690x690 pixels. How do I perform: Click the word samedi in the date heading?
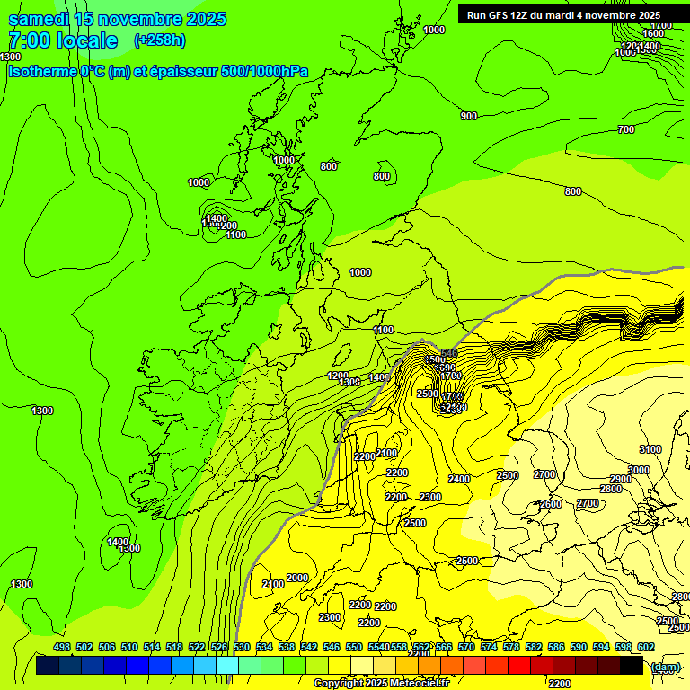click(x=38, y=19)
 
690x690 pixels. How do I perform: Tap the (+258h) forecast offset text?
click(x=160, y=40)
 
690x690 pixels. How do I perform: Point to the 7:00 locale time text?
click(x=63, y=40)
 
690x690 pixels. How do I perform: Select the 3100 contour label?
click(x=650, y=449)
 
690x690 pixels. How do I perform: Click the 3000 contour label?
click(x=639, y=470)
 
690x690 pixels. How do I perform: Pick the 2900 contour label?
click(x=621, y=479)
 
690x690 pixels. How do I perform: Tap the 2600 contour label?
click(x=551, y=504)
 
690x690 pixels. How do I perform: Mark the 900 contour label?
click(x=469, y=116)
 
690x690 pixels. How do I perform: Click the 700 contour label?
click(x=626, y=130)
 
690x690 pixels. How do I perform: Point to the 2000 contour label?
click(x=297, y=578)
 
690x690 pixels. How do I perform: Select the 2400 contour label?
click(x=459, y=479)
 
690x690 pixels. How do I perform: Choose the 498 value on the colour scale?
click(x=62, y=647)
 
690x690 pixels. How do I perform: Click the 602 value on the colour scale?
click(x=646, y=647)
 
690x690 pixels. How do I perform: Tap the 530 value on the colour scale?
click(x=242, y=647)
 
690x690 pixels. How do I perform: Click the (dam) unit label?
click(x=665, y=667)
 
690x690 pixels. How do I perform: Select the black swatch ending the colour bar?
click(x=632, y=666)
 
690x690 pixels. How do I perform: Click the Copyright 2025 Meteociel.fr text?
click(x=381, y=684)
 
